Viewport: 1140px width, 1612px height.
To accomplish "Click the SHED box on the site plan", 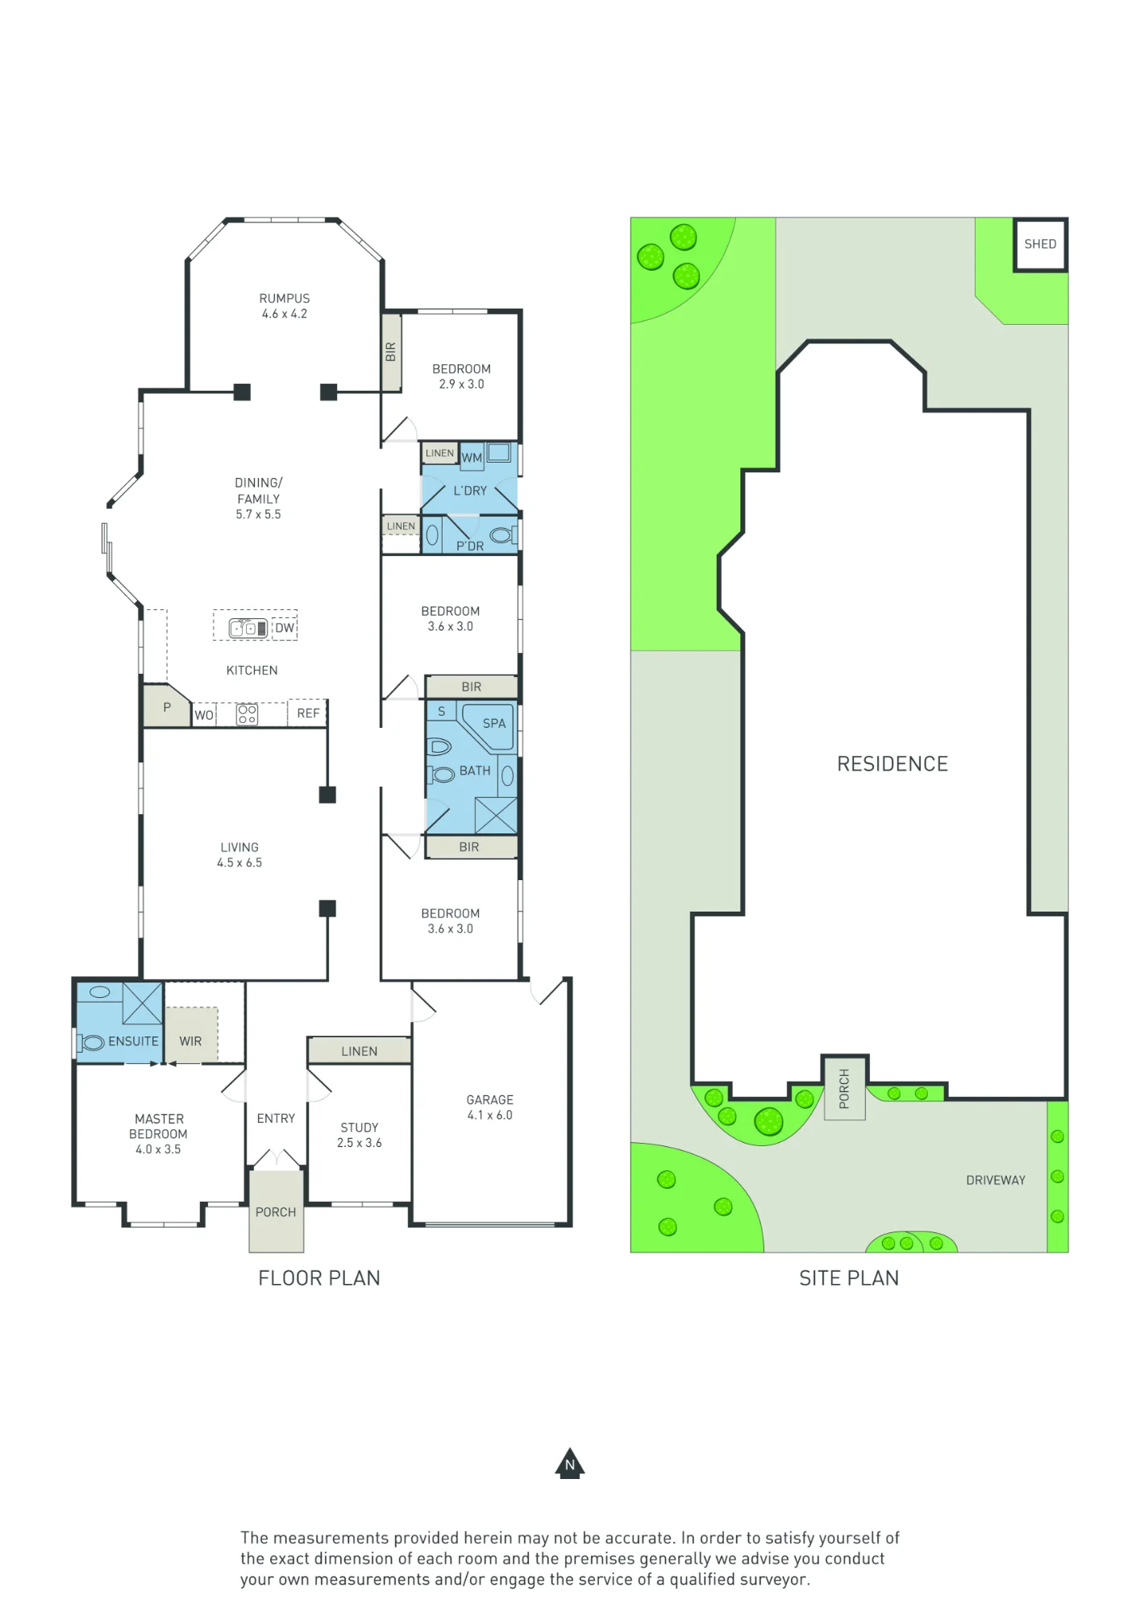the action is click(1040, 244).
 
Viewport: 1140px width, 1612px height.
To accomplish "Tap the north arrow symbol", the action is click(570, 1464).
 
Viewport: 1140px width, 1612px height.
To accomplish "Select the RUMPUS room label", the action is click(284, 298).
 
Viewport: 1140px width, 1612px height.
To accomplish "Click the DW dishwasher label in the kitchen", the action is click(285, 628).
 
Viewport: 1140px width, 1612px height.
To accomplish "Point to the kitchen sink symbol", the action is click(248, 628).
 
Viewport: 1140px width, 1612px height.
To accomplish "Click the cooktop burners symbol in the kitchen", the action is click(248, 714).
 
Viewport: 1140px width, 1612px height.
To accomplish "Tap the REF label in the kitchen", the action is click(308, 713).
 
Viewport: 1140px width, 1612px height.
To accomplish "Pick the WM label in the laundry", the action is click(472, 458).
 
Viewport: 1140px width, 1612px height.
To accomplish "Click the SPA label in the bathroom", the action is click(494, 723).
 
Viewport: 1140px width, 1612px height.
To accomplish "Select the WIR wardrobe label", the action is click(190, 1041).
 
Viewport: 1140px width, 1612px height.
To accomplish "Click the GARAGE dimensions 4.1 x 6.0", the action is click(489, 1115).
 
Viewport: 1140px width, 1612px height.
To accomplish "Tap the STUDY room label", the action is click(360, 1128).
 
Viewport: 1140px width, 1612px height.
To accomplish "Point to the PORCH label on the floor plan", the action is click(276, 1212).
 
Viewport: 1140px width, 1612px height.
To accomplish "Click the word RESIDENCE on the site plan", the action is click(892, 764).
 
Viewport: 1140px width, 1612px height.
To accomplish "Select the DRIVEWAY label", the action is click(996, 1180).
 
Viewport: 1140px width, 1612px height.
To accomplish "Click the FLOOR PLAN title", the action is click(319, 1278).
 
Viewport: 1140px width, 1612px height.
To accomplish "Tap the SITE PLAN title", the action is click(849, 1278).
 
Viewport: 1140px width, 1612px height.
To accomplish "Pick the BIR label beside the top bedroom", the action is click(391, 352).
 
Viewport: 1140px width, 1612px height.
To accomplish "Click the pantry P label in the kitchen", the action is click(167, 707).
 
